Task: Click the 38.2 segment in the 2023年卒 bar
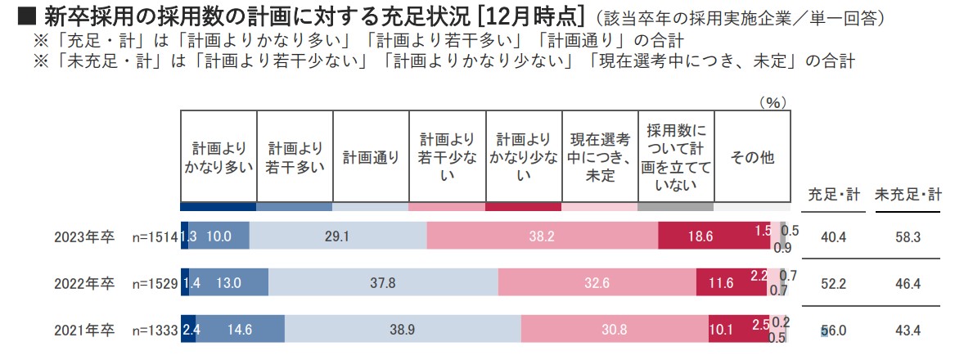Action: (x=542, y=236)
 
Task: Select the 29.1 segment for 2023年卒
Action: (x=337, y=236)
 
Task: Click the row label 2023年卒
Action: (x=83, y=236)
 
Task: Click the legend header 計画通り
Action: (x=371, y=157)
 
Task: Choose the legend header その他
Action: (x=751, y=157)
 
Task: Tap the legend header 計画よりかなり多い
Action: (x=218, y=157)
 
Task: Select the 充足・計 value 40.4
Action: (x=833, y=236)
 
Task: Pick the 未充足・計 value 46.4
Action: (x=908, y=283)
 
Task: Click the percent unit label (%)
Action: (x=773, y=102)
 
